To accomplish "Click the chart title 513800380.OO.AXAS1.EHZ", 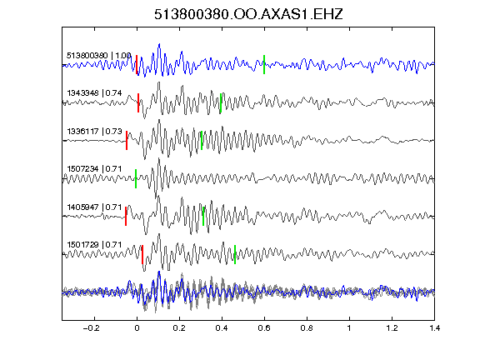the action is [248, 14].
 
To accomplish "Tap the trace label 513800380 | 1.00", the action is [99, 56].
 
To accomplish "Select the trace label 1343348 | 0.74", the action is [94, 93].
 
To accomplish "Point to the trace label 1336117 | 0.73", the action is [94, 132].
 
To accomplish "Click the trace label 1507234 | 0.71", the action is [94, 169].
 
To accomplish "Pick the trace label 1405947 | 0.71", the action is [94, 207].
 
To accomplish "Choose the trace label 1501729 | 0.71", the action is [94, 245].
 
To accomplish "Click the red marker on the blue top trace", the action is [137, 64].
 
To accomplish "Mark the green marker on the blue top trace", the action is [264, 64].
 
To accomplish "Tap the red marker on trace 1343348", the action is [138, 102].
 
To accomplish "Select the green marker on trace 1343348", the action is [221, 102].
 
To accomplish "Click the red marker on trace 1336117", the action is [127, 141].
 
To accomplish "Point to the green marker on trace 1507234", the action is [136, 178].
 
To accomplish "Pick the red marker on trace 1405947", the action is [126, 216].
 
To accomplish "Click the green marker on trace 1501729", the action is [235, 254].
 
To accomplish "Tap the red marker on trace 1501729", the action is [142, 254].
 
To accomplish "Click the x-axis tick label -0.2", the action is [91, 328].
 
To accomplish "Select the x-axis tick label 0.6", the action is [264, 328].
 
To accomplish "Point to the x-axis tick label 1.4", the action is [434, 328].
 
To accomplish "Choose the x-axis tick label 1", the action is [349, 328].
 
